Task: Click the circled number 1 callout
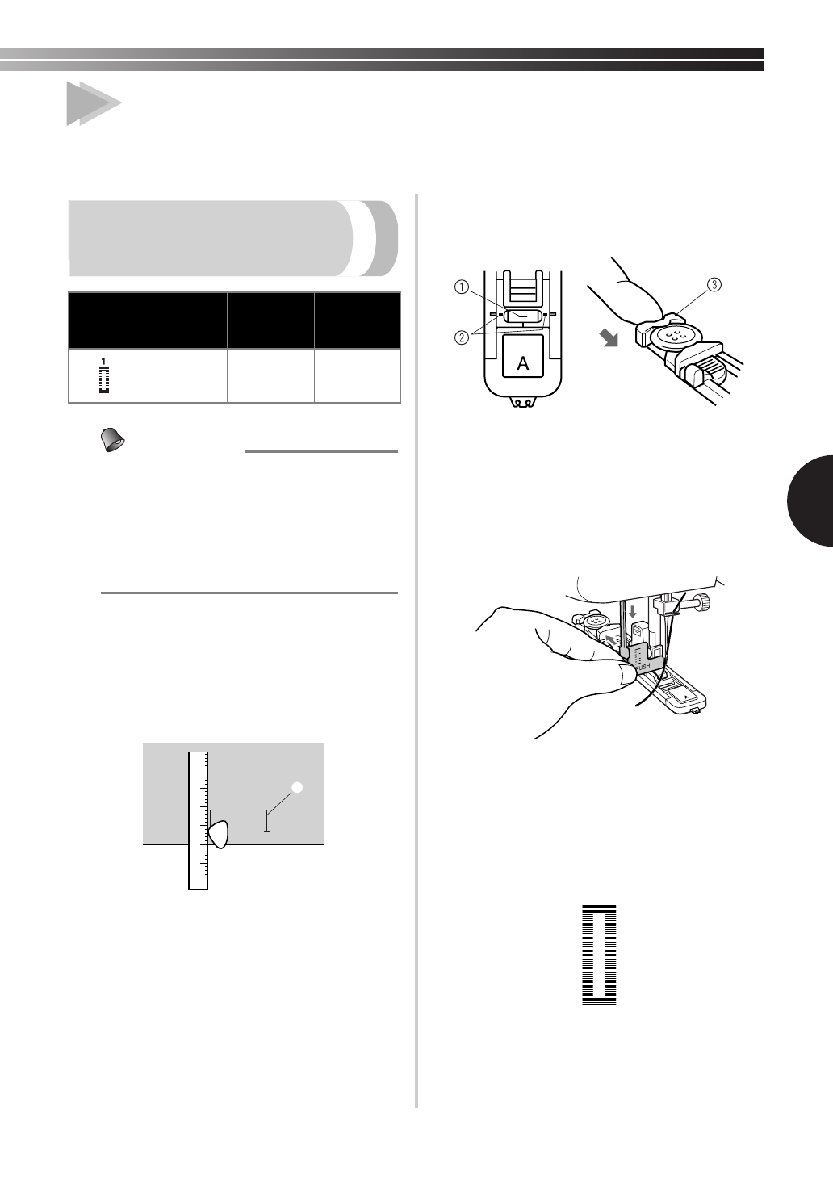[x=458, y=285]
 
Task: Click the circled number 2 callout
[x=458, y=337]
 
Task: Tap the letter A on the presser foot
[x=523, y=363]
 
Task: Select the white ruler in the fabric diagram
[x=198, y=819]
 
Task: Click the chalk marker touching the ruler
[x=219, y=833]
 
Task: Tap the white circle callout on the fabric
[x=297, y=788]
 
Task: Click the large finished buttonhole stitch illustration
[x=599, y=955]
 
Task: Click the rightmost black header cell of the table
[x=358, y=320]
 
